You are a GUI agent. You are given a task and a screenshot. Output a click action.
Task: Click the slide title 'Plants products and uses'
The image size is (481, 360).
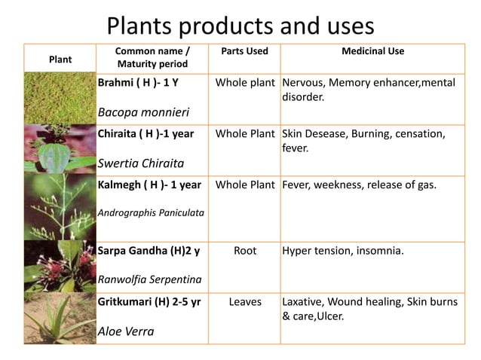tap(240, 26)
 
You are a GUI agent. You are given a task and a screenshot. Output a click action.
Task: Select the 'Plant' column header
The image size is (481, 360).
tap(60, 57)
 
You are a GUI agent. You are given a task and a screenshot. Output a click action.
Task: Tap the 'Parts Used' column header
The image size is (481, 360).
tap(245, 51)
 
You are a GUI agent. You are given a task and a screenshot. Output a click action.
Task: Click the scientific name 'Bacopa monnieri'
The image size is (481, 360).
tap(143, 112)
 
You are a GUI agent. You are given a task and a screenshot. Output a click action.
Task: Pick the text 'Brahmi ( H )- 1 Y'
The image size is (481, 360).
tap(138, 82)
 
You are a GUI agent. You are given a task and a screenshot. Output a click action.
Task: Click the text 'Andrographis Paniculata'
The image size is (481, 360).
tap(151, 212)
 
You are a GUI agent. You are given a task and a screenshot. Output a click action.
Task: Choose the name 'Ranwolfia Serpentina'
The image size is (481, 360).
tap(149, 279)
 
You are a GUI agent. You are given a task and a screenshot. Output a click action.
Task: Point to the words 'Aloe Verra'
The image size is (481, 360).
tap(126, 331)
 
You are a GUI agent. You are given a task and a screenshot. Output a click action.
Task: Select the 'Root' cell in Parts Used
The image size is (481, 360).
tap(245, 251)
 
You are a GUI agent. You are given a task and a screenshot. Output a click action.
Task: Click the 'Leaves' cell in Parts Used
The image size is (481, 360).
tap(245, 301)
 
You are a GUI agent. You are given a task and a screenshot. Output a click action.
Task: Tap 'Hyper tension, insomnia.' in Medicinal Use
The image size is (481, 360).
tap(342, 251)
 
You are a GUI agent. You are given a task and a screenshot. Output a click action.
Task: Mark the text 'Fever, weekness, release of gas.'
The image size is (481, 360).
tap(359, 185)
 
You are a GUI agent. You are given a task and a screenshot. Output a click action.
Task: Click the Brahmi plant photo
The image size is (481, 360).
tap(60, 98)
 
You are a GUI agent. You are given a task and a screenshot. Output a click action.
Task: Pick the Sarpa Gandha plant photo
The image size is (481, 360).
tap(60, 267)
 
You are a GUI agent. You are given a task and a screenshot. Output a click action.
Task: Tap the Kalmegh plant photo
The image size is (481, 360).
tap(60, 208)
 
